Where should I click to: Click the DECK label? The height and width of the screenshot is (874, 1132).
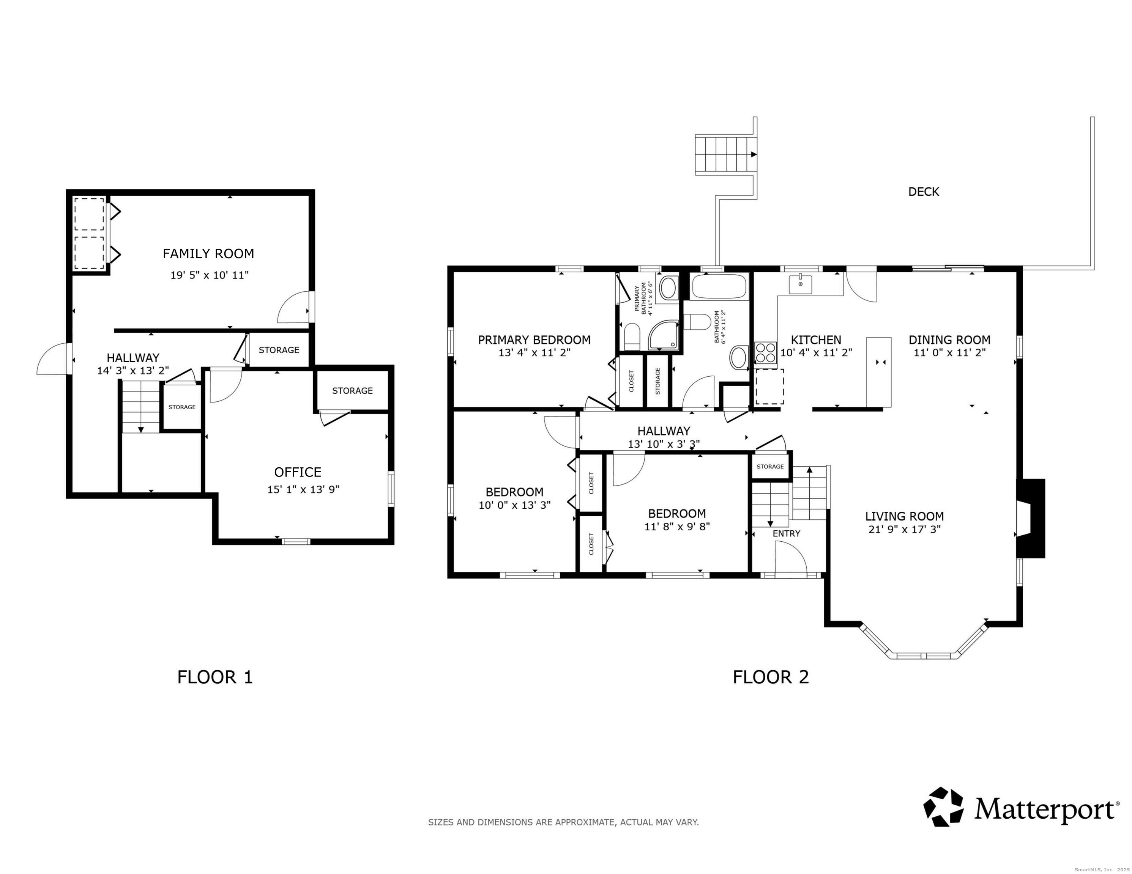(924, 192)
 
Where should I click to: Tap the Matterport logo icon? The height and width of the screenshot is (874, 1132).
(943, 807)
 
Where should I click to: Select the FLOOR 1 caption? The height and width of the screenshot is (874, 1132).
(215, 677)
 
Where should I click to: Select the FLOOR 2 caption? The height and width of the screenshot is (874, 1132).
(771, 677)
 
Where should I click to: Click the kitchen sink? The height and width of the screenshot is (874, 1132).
(800, 284)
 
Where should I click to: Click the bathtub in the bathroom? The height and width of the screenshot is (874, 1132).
(719, 286)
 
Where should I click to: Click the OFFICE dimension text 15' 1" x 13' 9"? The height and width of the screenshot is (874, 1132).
(303, 490)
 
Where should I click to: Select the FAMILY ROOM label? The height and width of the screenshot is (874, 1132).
(208, 254)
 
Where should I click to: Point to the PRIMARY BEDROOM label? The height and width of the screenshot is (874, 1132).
(534, 340)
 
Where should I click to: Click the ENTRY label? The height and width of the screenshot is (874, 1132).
(786, 534)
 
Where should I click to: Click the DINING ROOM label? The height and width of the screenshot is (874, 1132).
(949, 340)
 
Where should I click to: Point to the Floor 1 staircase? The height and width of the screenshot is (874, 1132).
(140, 407)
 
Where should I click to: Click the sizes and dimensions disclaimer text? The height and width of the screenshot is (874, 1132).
(563, 822)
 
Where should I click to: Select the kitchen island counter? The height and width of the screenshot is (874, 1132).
(879, 372)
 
